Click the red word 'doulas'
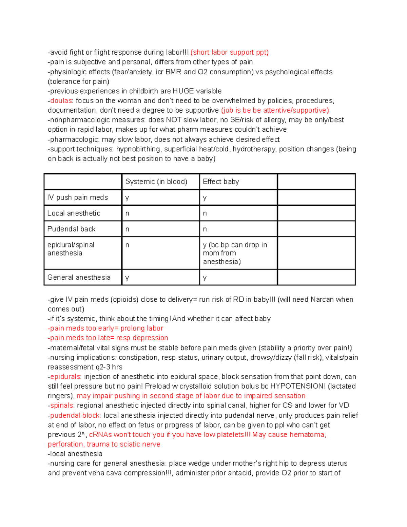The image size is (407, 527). click(61, 101)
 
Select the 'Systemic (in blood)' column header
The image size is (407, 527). click(156, 182)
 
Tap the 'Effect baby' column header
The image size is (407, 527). click(221, 182)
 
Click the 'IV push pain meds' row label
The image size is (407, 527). click(78, 197)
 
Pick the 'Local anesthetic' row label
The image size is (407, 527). click(74, 213)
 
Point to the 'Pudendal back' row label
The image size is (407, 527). click(72, 229)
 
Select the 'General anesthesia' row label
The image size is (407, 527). click(79, 277)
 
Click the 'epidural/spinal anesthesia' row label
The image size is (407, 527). click(71, 249)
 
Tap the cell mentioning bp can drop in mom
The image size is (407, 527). click(235, 253)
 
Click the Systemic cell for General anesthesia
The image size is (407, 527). click(127, 278)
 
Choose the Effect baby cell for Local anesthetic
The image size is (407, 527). click(205, 213)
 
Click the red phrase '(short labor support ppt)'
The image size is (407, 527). click(230, 52)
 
